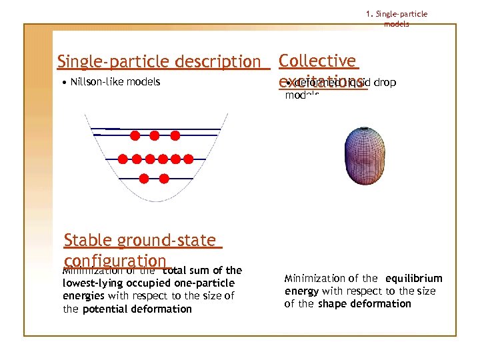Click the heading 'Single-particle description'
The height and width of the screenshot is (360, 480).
point(159,62)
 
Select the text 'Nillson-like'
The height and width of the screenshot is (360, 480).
point(100,82)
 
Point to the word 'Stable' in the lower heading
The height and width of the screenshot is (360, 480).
point(88,241)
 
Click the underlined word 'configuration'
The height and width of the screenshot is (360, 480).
point(115,261)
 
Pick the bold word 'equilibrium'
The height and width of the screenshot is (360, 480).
point(413,278)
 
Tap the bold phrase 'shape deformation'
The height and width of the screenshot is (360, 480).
point(365,304)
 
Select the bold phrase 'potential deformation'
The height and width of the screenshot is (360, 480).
point(137,309)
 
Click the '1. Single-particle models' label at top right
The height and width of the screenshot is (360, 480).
point(397,19)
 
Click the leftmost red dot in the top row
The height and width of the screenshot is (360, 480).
point(134,136)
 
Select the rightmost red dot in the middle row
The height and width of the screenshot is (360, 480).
point(188,159)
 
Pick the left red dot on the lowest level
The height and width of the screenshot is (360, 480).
point(143,178)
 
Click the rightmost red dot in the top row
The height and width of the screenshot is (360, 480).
point(175,136)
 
